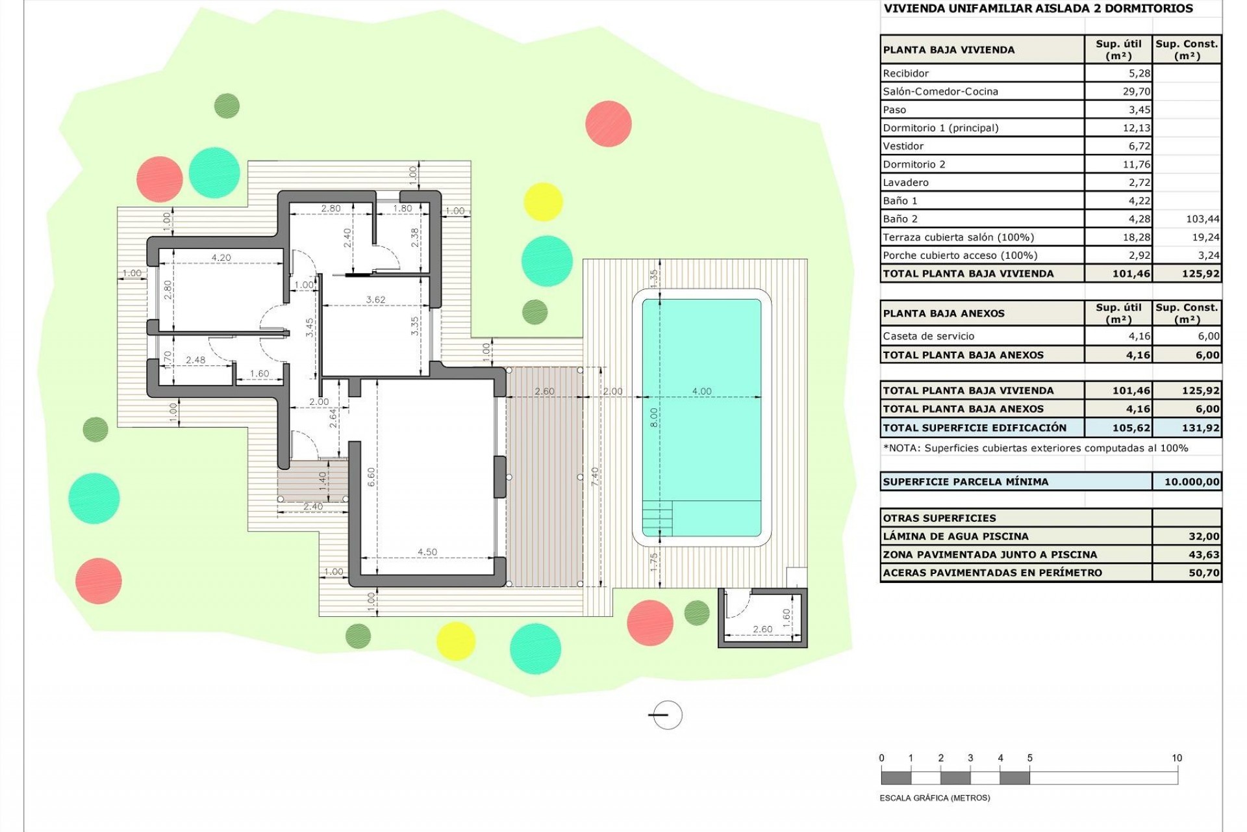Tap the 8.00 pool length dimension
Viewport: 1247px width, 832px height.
point(654,417)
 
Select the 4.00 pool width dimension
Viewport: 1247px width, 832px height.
point(701,391)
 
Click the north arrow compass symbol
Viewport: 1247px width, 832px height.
point(666,715)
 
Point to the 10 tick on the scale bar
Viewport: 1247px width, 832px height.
point(1177,758)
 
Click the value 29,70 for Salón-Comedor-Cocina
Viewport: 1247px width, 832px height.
point(1136,92)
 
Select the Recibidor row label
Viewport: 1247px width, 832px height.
point(905,73)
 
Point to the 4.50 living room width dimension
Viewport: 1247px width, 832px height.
point(427,552)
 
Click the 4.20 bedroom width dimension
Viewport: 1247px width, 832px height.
point(221,257)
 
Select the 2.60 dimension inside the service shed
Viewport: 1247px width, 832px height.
point(762,629)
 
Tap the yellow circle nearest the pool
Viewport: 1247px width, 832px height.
point(542,201)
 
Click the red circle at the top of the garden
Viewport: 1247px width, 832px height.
point(608,123)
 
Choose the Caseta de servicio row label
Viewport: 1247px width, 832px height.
point(928,336)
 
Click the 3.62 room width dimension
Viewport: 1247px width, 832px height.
point(375,300)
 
